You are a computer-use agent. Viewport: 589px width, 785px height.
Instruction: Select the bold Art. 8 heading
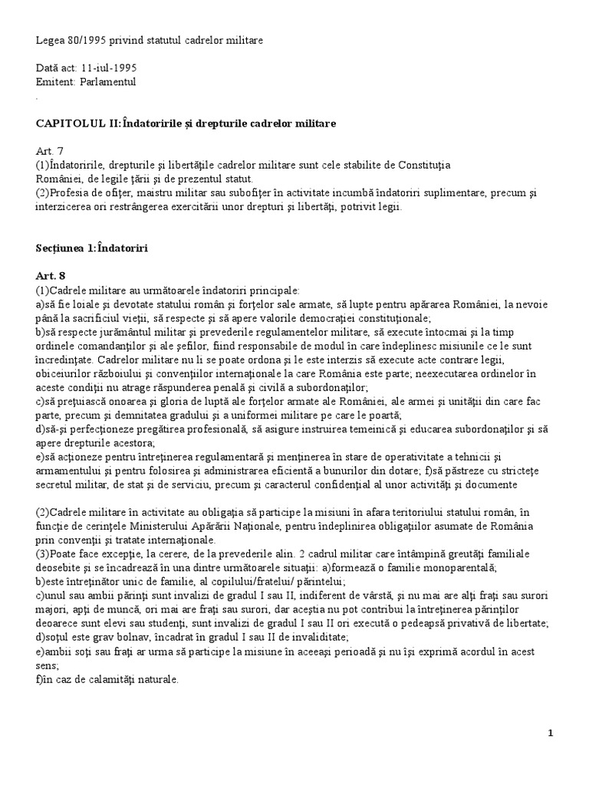(x=48, y=276)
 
